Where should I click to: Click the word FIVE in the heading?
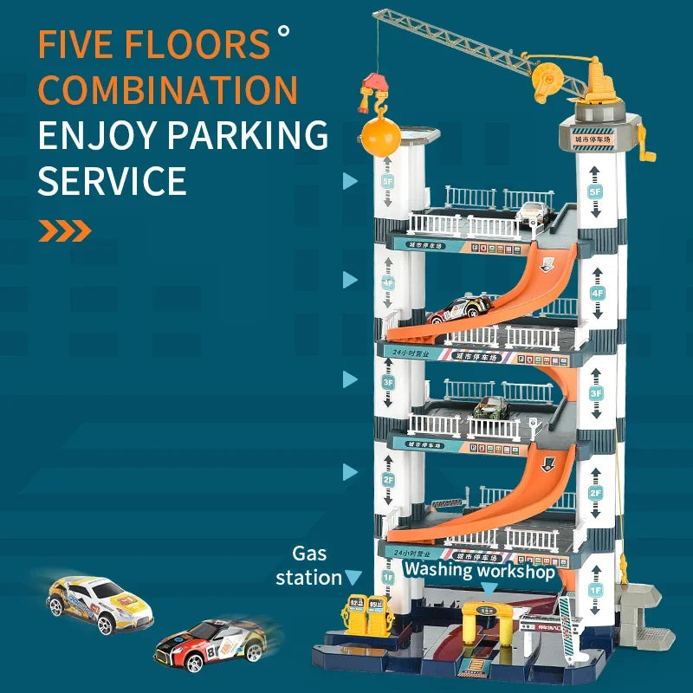point(82,45)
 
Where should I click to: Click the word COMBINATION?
point(168,90)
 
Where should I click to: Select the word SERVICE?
point(112,181)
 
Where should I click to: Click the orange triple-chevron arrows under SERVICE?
point(65,230)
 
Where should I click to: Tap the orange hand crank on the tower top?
point(644,144)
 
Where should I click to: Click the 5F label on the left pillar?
point(387,183)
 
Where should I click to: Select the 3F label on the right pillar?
point(595,392)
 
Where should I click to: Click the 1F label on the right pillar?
point(595,589)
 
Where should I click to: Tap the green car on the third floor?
point(492,407)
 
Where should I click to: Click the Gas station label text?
point(310,565)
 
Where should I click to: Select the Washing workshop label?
point(479,569)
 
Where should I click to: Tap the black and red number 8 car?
point(210,644)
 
